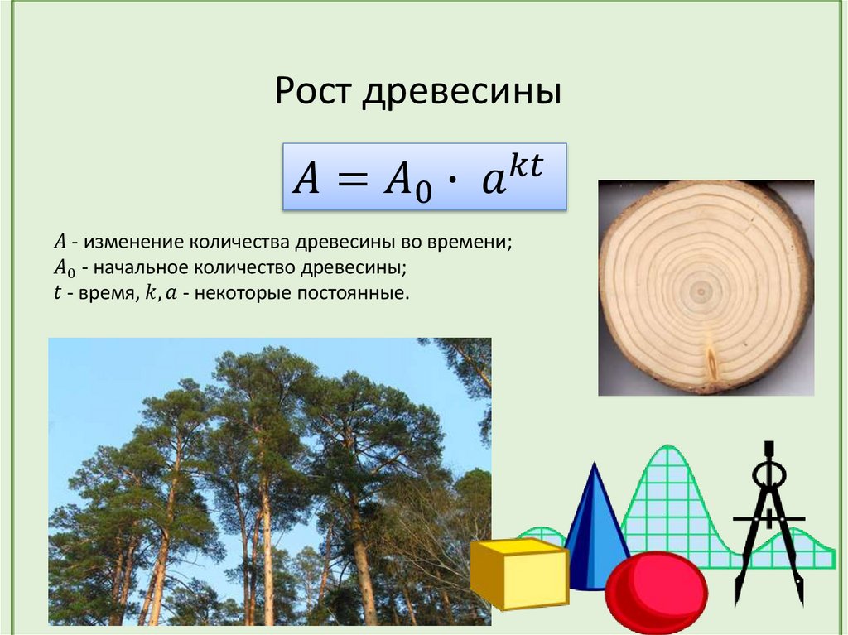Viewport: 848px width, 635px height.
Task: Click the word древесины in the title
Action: point(461,91)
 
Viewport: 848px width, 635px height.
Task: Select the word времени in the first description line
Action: point(472,243)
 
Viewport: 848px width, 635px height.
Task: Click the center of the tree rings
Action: point(702,290)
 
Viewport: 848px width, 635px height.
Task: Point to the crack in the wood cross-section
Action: point(711,364)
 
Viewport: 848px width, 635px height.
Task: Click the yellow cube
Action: point(519,572)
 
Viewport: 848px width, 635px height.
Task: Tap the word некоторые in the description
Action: point(246,294)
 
